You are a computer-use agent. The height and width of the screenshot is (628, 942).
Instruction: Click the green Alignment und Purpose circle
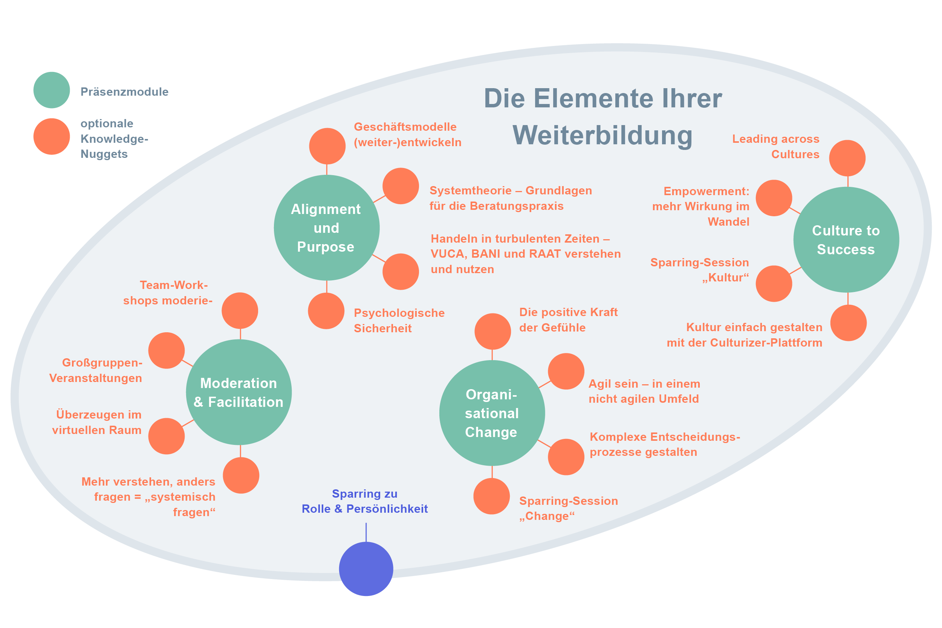(x=326, y=228)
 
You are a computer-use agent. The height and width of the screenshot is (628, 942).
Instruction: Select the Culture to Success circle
(x=846, y=240)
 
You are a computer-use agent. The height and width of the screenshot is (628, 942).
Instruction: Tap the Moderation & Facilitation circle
(x=239, y=392)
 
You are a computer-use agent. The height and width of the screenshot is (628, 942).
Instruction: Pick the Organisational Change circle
(x=492, y=413)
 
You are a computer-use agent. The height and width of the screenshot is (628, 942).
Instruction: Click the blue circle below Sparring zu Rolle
(x=365, y=569)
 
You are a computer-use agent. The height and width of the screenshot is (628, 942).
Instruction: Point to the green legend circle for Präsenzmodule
(x=52, y=90)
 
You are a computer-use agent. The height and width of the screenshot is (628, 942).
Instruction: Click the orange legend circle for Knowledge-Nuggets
(x=52, y=137)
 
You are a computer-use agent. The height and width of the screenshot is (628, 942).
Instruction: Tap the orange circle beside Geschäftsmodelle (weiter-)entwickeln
(x=327, y=146)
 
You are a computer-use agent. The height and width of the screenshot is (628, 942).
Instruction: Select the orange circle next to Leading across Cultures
(x=847, y=158)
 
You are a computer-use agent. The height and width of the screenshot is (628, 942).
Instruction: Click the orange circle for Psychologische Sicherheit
(x=326, y=311)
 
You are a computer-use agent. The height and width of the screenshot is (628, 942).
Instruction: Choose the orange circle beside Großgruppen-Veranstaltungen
(x=167, y=350)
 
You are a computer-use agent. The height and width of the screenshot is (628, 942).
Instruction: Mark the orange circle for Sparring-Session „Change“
(x=491, y=496)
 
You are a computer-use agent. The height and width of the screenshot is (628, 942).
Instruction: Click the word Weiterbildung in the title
(x=603, y=135)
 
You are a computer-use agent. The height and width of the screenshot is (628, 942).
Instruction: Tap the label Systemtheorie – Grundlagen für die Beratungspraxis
(x=510, y=198)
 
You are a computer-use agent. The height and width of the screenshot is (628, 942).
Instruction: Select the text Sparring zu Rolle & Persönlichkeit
(x=365, y=501)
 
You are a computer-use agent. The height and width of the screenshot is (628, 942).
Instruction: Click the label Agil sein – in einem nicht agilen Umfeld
(x=644, y=391)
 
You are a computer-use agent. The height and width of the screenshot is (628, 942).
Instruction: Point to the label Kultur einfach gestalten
(x=744, y=335)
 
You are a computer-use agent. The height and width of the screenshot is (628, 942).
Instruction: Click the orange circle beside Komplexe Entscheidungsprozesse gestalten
(x=566, y=457)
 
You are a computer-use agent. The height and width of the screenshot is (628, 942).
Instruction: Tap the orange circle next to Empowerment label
(x=774, y=198)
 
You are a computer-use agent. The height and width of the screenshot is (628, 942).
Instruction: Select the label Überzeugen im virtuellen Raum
(x=97, y=422)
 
